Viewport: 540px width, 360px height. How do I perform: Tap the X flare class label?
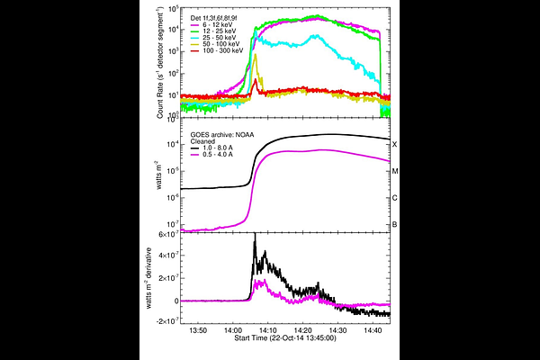(x=394, y=144)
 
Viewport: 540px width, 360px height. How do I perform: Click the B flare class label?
(x=394, y=225)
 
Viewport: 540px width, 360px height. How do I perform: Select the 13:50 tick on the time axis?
(x=198, y=331)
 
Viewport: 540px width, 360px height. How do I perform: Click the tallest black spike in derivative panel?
(x=256, y=235)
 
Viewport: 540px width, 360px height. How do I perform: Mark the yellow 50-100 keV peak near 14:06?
(x=256, y=56)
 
